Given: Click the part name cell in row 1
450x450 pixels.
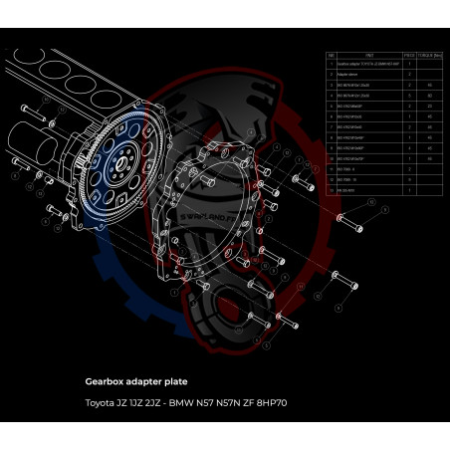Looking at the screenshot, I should (x=368, y=64).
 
